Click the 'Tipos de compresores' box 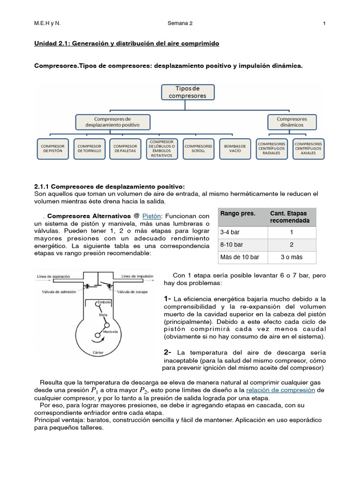point(187,92)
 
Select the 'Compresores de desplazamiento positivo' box point(113,122)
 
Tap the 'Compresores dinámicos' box point(292,122)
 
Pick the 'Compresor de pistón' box point(52,148)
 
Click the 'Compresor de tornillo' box point(89,148)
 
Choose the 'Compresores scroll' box point(198,148)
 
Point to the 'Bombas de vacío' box point(235,148)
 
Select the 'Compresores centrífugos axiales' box point(308,148)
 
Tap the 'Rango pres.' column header point(238,214)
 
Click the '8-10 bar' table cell point(232,245)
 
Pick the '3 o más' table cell point(292,257)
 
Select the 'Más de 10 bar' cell point(240,257)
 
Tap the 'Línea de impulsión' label point(138,277)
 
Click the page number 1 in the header point(324,23)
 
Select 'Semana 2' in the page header point(180,23)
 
